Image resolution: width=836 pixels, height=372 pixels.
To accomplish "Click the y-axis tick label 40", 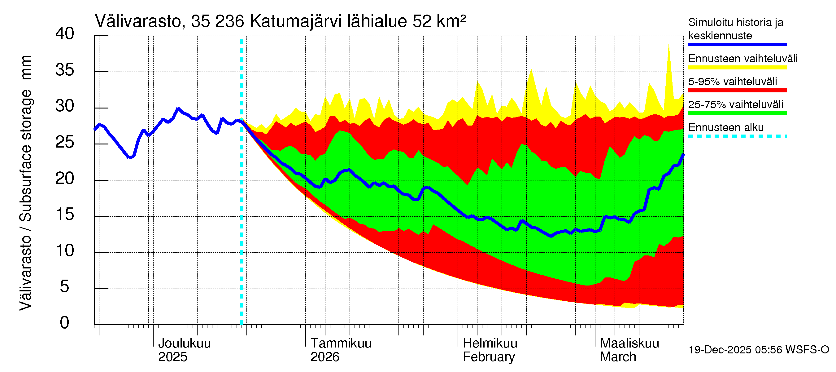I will coord(65,34).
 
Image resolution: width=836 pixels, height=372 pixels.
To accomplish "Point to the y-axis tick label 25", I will coord(65,142).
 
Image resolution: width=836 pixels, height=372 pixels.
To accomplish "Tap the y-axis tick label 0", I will coord(65,323).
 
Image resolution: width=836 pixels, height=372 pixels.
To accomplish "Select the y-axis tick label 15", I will coord(65,215).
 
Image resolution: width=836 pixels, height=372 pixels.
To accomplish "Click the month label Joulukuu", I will coord(184,343).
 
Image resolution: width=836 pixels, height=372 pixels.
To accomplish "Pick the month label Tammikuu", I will coord(341,343).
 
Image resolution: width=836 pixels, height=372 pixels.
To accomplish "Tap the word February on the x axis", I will coord(488,357).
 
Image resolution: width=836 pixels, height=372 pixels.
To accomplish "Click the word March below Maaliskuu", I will coord(618,357).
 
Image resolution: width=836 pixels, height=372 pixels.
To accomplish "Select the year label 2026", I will coord(324,357).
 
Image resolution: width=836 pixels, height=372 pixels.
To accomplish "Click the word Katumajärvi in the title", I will coord(296,21).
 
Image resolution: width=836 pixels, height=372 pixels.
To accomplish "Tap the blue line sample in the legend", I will coord(737,45).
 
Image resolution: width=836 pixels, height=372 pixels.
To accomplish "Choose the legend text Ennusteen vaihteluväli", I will coord(742,59).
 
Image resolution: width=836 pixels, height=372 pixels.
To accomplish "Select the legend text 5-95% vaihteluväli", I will coord(732,82).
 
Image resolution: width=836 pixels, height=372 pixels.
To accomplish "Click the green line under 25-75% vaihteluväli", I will coord(737,113).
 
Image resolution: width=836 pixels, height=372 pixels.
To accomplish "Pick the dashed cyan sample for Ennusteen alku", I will coord(737,136).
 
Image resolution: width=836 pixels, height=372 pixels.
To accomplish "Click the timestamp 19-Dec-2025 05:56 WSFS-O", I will coord(758,350).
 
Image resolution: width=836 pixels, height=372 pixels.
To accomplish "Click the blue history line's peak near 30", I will coord(178,108).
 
